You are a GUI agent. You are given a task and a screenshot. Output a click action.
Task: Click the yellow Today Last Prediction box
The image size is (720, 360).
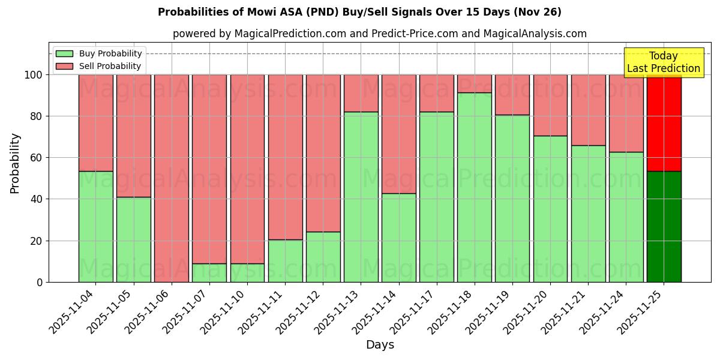pyautogui.click(x=664, y=63)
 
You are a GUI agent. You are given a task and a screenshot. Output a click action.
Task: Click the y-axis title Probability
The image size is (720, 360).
pyautogui.click(x=15, y=163)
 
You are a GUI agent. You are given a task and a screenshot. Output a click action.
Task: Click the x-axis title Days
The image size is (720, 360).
pyautogui.click(x=380, y=345)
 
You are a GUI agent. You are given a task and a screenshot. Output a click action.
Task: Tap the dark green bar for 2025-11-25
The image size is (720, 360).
pyautogui.click(x=664, y=227)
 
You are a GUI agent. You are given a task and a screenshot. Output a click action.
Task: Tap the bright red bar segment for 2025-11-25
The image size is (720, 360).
pyautogui.click(x=664, y=123)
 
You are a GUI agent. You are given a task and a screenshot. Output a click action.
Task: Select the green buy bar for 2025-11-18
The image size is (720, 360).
pyautogui.click(x=474, y=187)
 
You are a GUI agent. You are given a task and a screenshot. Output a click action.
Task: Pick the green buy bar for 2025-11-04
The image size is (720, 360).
pyautogui.click(x=95, y=227)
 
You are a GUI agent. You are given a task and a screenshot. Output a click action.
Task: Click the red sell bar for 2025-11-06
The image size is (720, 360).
pyautogui.click(x=172, y=178)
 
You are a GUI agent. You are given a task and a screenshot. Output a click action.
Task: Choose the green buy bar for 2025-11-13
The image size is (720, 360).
pyautogui.click(x=361, y=197)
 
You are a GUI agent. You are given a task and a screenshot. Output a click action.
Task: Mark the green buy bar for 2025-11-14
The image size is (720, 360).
pyautogui.click(x=398, y=238)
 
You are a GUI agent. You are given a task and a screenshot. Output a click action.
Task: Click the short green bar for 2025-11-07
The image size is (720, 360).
pyautogui.click(x=209, y=273)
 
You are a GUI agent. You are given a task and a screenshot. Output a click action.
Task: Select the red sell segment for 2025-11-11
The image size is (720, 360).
pyautogui.click(x=285, y=157)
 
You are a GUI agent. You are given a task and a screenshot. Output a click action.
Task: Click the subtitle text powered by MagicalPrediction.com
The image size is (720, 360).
pyautogui.click(x=379, y=34)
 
